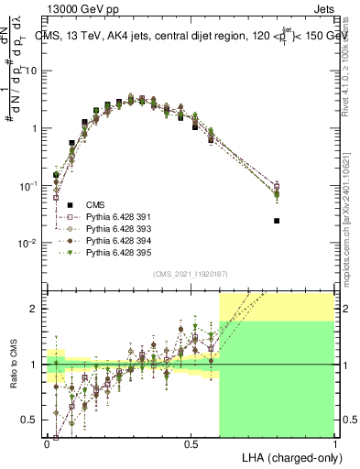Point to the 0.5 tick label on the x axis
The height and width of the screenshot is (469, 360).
coord(191,442)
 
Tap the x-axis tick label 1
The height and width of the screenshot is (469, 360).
coord(335,442)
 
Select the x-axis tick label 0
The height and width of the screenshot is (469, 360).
coord(48,442)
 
